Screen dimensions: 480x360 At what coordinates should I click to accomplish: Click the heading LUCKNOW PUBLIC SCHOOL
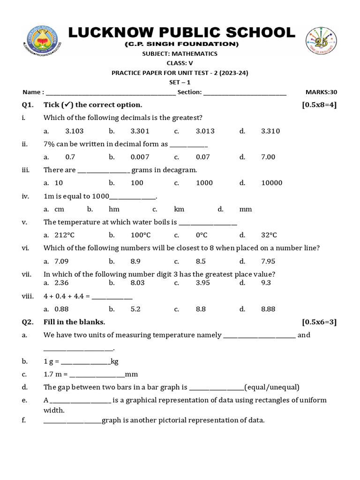182,33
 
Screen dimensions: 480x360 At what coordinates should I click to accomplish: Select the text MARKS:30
321,92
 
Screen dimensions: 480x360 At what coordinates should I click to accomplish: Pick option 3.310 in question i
270,131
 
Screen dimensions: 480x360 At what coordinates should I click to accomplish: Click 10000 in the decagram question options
271,183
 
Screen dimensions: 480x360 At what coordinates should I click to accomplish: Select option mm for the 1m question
245,209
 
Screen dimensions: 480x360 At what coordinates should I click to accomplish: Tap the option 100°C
140,235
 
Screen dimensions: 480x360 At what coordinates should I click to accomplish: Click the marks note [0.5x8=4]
319,105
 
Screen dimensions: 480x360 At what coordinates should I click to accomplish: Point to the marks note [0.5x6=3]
319,322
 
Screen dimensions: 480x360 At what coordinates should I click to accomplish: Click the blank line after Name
111,93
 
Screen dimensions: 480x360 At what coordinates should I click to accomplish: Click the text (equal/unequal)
271,387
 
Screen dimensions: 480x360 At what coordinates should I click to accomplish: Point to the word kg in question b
114,361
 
